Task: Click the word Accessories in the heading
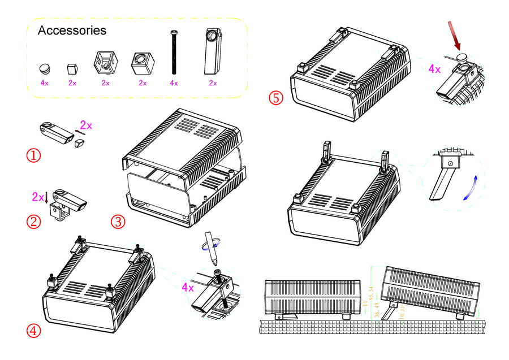pyautogui.click(x=71, y=31)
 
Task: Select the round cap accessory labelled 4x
pyautogui.click(x=45, y=68)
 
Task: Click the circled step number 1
pyautogui.click(x=34, y=155)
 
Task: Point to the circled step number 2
pyautogui.click(x=34, y=222)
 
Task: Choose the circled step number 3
pyautogui.click(x=118, y=222)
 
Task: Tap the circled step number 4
pyautogui.click(x=34, y=331)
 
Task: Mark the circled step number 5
pyautogui.click(x=275, y=97)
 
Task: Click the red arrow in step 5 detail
pyautogui.click(x=455, y=36)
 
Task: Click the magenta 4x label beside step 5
pyautogui.click(x=434, y=69)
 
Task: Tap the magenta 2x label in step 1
pyautogui.click(x=85, y=124)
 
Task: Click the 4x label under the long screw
pyautogui.click(x=174, y=83)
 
